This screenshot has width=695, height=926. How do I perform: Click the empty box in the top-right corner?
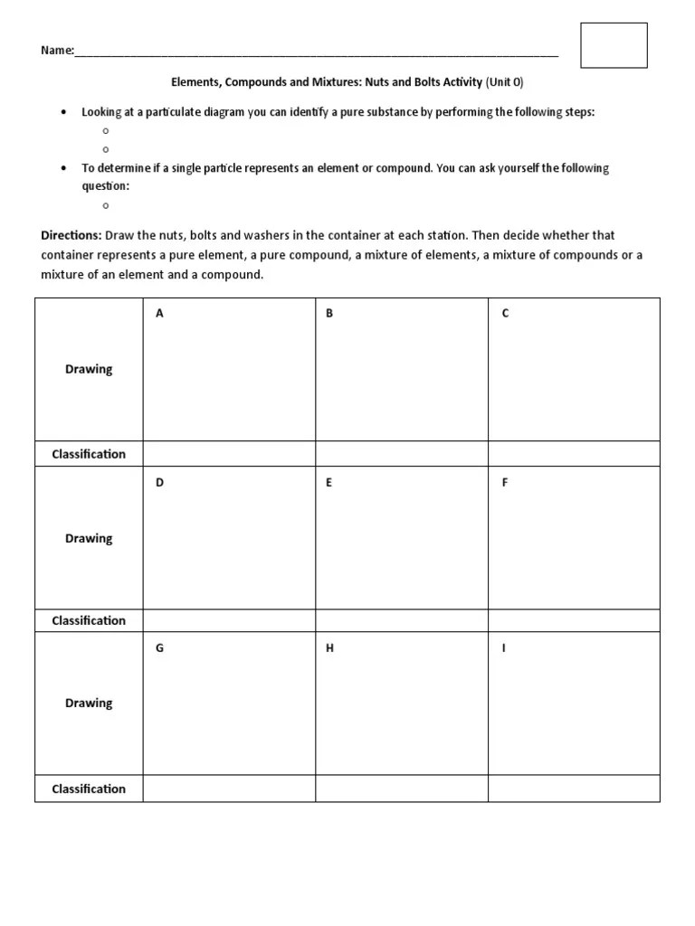tap(614, 45)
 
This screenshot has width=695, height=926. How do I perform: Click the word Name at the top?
tap(56, 51)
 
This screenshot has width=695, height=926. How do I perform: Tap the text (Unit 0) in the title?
tap(505, 82)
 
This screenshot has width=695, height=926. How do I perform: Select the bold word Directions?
tap(71, 235)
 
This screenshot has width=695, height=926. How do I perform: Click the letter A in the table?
tap(159, 314)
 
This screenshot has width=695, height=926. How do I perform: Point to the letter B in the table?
tap(329, 314)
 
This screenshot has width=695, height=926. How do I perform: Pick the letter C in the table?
tap(505, 314)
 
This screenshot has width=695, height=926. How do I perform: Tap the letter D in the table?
tap(159, 483)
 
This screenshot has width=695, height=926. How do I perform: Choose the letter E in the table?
tap(329, 483)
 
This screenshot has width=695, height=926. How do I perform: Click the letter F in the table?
tap(505, 483)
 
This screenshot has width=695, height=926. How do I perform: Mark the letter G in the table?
tap(159, 649)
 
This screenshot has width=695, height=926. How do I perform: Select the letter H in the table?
tap(330, 649)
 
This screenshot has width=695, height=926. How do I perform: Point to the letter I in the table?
tap(504, 649)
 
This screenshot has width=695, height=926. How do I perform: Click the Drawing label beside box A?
tap(89, 369)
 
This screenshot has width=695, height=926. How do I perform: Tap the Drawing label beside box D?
tap(89, 538)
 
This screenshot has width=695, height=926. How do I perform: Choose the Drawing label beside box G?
tap(89, 703)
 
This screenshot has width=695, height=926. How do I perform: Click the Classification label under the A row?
tap(89, 454)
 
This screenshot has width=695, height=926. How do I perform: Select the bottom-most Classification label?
tap(89, 789)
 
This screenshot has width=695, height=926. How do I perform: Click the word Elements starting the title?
tap(196, 82)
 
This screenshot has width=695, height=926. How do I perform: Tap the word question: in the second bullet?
tap(106, 185)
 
